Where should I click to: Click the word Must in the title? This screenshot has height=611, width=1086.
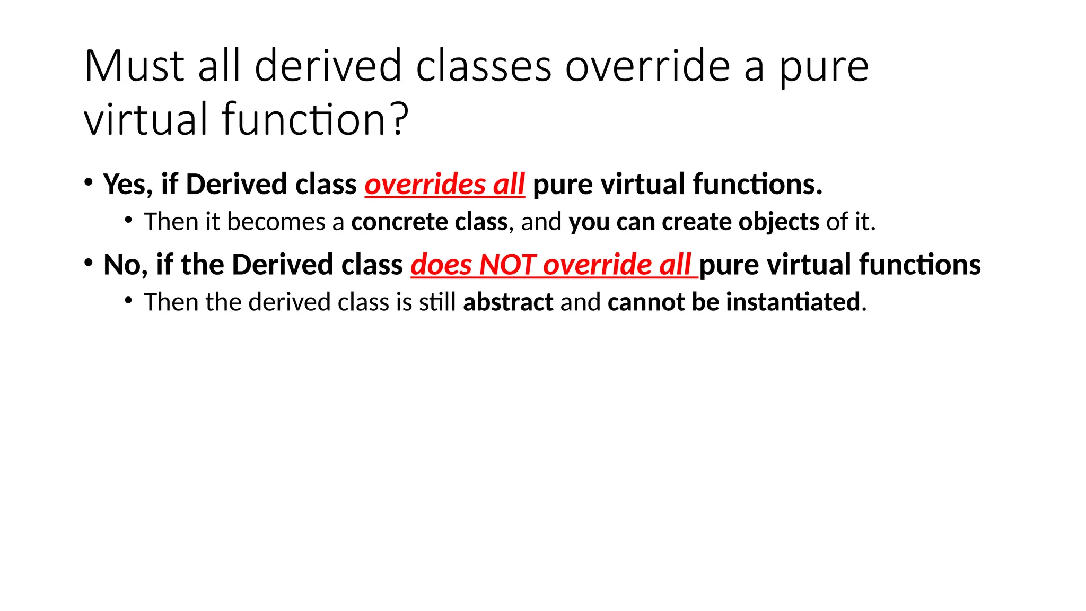click(x=134, y=66)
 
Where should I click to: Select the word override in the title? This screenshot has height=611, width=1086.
click(x=647, y=66)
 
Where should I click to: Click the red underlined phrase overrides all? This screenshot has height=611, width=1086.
click(x=444, y=185)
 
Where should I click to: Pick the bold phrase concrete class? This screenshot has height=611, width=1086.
click(x=429, y=222)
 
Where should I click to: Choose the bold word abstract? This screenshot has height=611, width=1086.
click(x=508, y=302)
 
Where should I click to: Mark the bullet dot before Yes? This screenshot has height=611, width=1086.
click(x=88, y=182)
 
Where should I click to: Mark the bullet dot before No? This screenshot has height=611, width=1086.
click(x=88, y=263)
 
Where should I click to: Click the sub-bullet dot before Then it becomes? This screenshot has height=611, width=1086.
click(x=128, y=220)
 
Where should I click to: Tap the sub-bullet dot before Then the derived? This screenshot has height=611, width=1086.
click(x=128, y=300)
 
